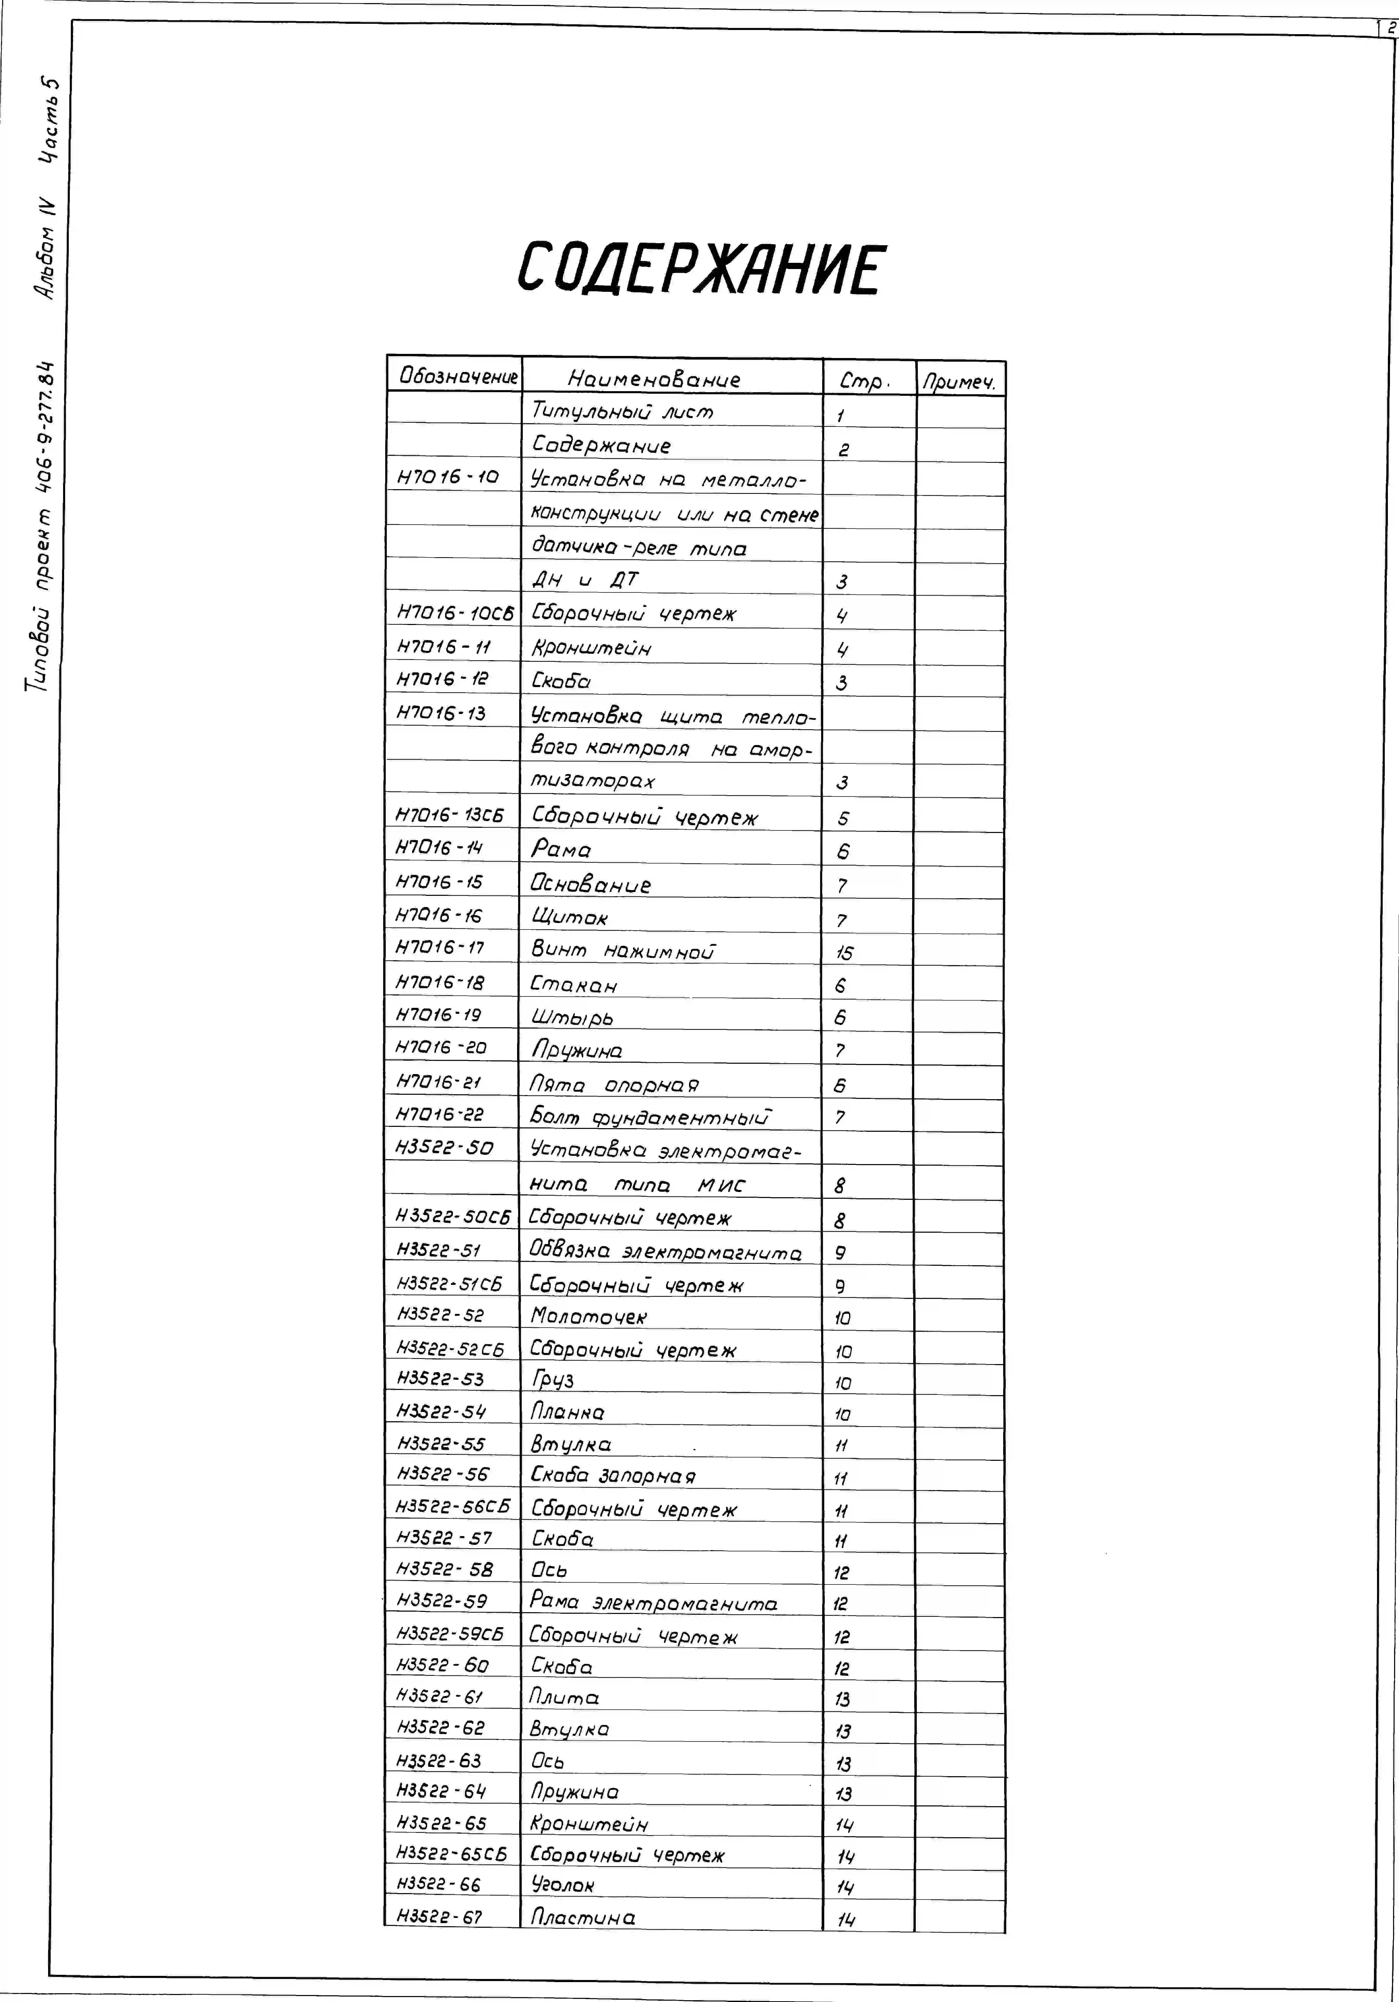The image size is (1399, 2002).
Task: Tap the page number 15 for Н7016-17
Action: [844, 953]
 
